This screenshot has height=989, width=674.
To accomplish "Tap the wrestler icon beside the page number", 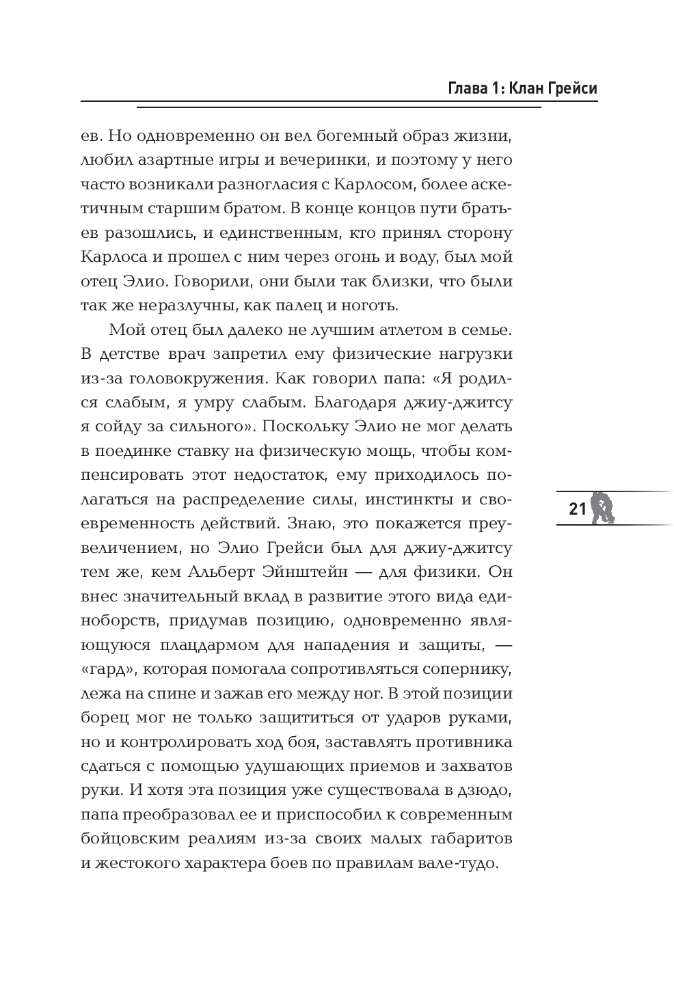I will (x=603, y=507).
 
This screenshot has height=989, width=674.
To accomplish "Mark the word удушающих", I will (x=291, y=766).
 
